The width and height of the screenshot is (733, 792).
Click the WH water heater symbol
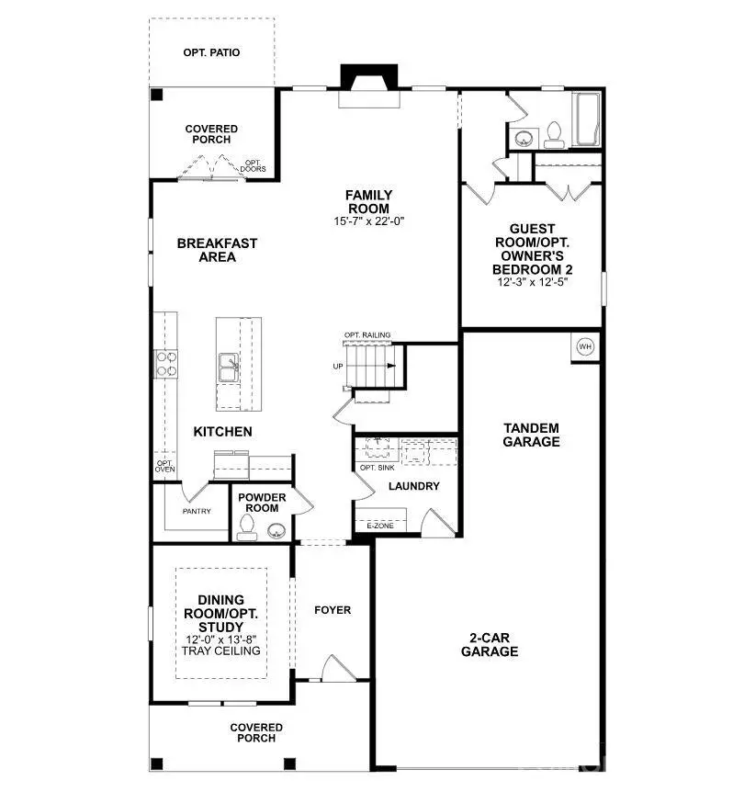586,346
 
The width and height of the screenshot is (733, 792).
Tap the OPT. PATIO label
211,52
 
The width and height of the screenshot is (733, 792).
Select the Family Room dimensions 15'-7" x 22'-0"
368,221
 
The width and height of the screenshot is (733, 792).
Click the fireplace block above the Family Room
367,77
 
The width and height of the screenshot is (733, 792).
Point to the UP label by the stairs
339,366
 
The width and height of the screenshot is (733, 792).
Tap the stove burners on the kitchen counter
167,363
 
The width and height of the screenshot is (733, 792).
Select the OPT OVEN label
164,466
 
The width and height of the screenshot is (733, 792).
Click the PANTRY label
197,512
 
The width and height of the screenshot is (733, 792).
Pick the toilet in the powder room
245,525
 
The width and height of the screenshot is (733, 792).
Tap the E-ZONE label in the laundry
378,526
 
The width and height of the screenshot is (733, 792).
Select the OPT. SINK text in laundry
378,468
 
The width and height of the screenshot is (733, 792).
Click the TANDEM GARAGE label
531,435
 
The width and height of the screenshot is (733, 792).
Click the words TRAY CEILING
221,651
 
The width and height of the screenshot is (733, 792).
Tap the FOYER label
333,610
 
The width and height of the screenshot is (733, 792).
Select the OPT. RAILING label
367,335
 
